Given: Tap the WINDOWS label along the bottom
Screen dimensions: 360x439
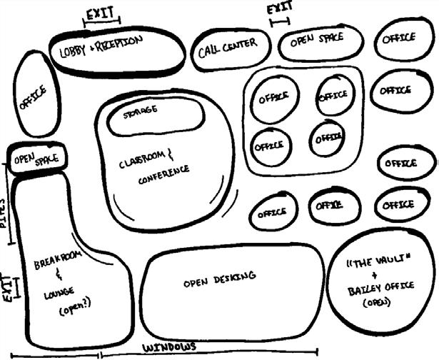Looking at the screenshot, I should [168, 347].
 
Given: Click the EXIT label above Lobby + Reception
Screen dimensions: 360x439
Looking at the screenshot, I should [101, 14].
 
